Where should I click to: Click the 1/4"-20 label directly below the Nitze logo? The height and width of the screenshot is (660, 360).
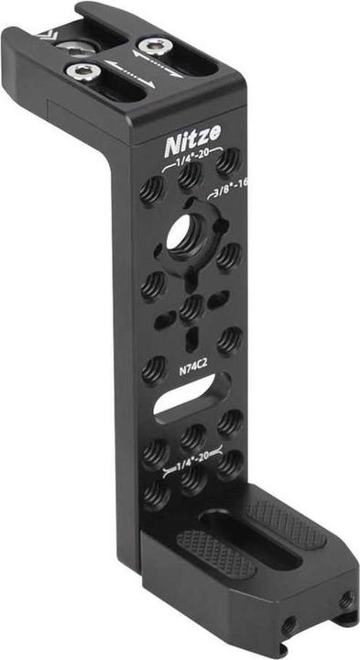[191, 157]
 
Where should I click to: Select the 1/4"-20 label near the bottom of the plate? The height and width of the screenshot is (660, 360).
[192, 464]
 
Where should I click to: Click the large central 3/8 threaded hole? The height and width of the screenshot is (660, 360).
[185, 236]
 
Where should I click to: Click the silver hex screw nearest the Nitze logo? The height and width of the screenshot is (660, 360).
[155, 47]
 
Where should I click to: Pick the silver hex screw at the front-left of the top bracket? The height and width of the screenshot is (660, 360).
[82, 71]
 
